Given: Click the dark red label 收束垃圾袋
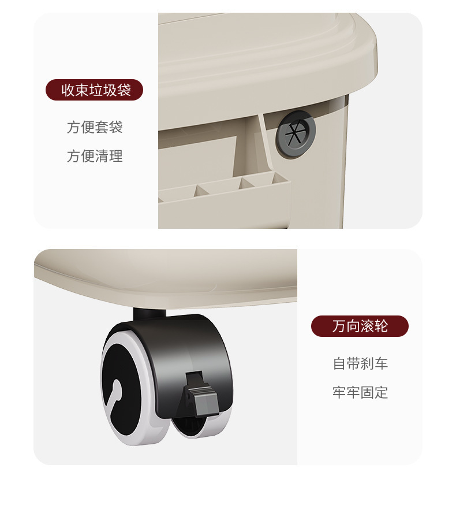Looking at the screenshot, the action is (x=94, y=90).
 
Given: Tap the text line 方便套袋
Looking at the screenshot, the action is (x=95, y=127).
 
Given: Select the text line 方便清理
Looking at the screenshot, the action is (x=95, y=156).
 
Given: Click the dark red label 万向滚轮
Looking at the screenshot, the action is (x=360, y=326).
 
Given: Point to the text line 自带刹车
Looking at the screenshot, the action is (x=360, y=363).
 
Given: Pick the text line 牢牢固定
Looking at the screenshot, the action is (x=360, y=392).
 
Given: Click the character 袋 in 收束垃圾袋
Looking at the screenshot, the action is (x=124, y=90).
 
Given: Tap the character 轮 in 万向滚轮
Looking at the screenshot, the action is (x=382, y=326).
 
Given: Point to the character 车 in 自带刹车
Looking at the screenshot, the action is (x=382, y=363).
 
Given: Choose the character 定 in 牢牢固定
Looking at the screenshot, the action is (x=382, y=392).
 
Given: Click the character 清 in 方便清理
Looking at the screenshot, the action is (x=102, y=156).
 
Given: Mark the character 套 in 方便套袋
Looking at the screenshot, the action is (x=102, y=127).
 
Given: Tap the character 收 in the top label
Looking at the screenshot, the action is (x=68, y=90).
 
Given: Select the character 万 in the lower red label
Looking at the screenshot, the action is (x=339, y=326).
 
